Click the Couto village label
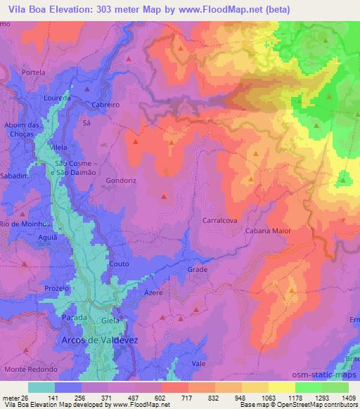click(117, 264)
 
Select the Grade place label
click(197, 269)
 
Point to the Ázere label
click(153, 292)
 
